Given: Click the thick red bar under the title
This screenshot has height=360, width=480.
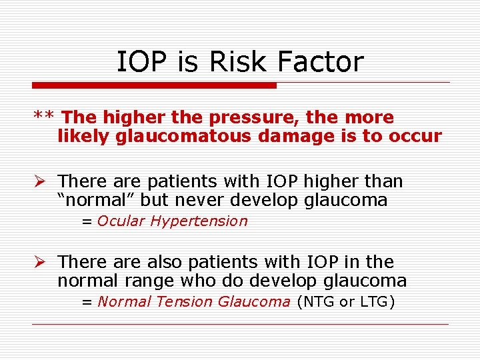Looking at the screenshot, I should pyautogui.click(x=154, y=85).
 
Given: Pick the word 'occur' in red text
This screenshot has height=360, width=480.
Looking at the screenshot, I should pyautogui.click(x=416, y=137).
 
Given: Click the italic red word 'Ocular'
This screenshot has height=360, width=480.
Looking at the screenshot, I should pyautogui.click(x=121, y=221).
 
